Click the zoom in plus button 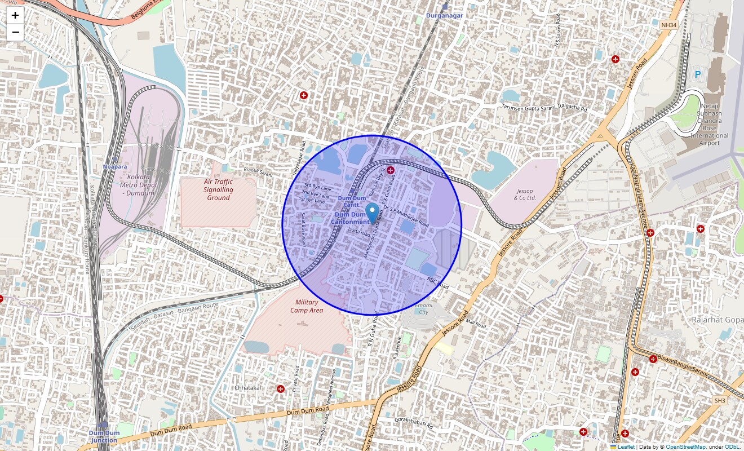15,15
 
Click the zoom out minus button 15,32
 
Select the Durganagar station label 444,15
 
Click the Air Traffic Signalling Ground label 218,189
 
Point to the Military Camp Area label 307,306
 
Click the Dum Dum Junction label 104,436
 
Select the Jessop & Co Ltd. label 524,194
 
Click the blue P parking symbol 697,74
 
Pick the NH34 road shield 668,25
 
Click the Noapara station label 115,167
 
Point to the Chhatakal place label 248,388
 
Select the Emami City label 422,308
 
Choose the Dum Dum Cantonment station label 351,218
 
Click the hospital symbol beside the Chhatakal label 281,389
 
